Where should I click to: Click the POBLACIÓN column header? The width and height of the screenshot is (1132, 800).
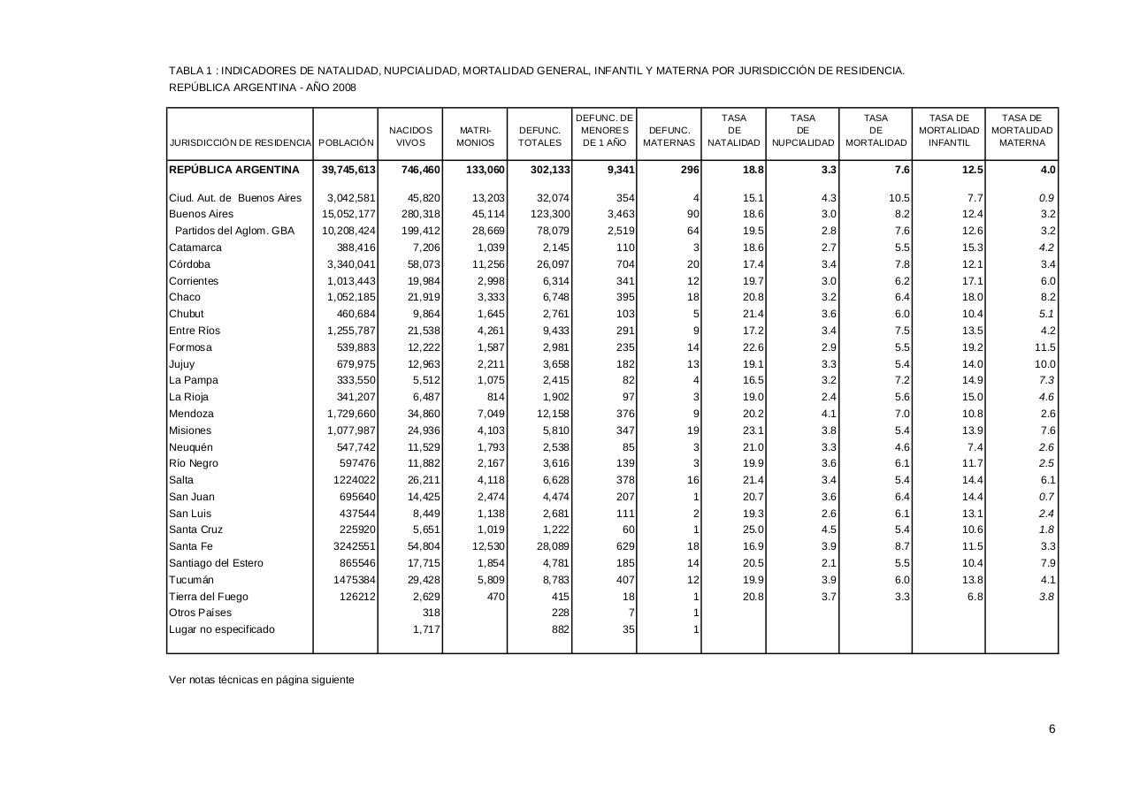pos(346,142)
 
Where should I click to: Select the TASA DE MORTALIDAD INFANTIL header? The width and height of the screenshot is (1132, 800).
pos(949,130)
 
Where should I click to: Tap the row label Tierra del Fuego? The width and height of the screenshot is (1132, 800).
pos(209,597)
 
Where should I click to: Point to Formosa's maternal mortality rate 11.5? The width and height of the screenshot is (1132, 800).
pos(1044,347)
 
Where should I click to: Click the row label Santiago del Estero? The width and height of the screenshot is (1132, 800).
pos(216,563)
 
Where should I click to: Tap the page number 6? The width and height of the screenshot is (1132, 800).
pos(1052,729)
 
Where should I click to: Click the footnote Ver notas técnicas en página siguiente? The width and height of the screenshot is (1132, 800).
pos(262,680)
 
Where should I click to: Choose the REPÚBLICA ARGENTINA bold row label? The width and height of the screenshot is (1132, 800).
pos(234,170)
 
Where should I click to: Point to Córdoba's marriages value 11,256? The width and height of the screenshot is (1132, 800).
pos(489,264)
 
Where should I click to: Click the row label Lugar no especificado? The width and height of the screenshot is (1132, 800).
pos(222,629)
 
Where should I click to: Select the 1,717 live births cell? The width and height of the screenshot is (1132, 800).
pos(426,629)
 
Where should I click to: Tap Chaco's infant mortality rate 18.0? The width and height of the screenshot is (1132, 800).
pos(971,297)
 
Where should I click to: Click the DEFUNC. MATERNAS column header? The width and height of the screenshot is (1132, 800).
pos(669,136)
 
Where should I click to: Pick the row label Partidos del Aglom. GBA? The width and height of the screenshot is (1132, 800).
pos(234,231)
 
